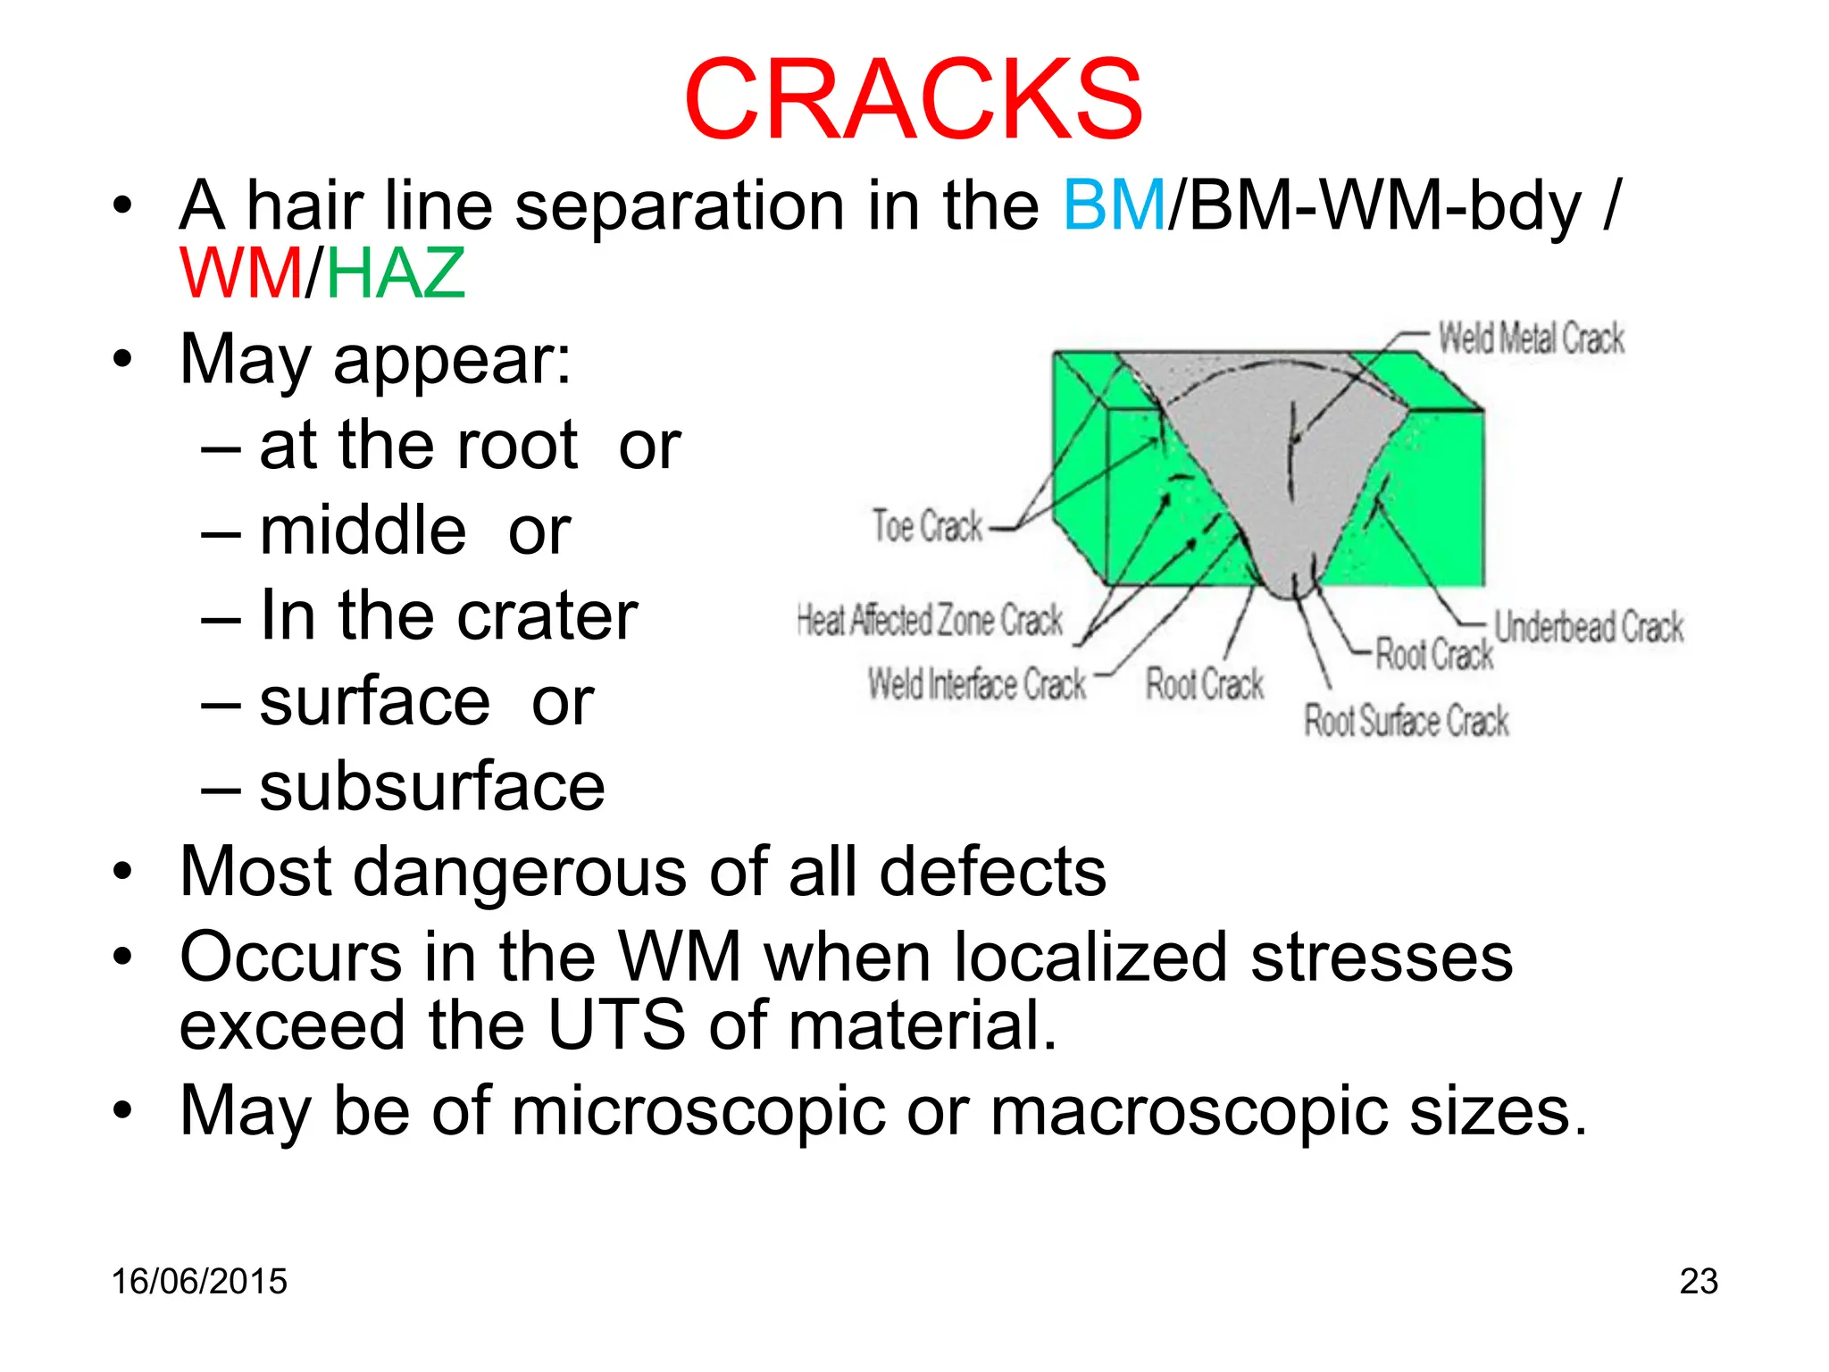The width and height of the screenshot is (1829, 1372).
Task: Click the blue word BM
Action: [x=1114, y=205]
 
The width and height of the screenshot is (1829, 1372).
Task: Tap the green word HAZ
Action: [x=395, y=273]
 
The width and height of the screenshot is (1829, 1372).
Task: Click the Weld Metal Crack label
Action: [x=1531, y=339]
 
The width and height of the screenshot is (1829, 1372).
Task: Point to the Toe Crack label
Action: [x=927, y=526]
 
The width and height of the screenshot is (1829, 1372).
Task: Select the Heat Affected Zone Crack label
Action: [x=930, y=620]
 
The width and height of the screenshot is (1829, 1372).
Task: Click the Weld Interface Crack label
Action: [x=977, y=685]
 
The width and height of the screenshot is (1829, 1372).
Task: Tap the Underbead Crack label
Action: [x=1589, y=627]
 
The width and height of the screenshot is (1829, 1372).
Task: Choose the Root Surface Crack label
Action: [x=1406, y=721]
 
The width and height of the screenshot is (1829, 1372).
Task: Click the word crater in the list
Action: [x=550, y=616]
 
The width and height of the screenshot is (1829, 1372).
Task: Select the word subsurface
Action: [x=432, y=787]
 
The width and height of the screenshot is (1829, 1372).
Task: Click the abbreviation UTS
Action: [x=616, y=1025]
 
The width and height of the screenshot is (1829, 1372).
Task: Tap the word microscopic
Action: [x=698, y=1111]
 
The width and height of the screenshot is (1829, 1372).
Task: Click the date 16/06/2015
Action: [x=199, y=1282]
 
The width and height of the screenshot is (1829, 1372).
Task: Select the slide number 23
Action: [x=1698, y=1282]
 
